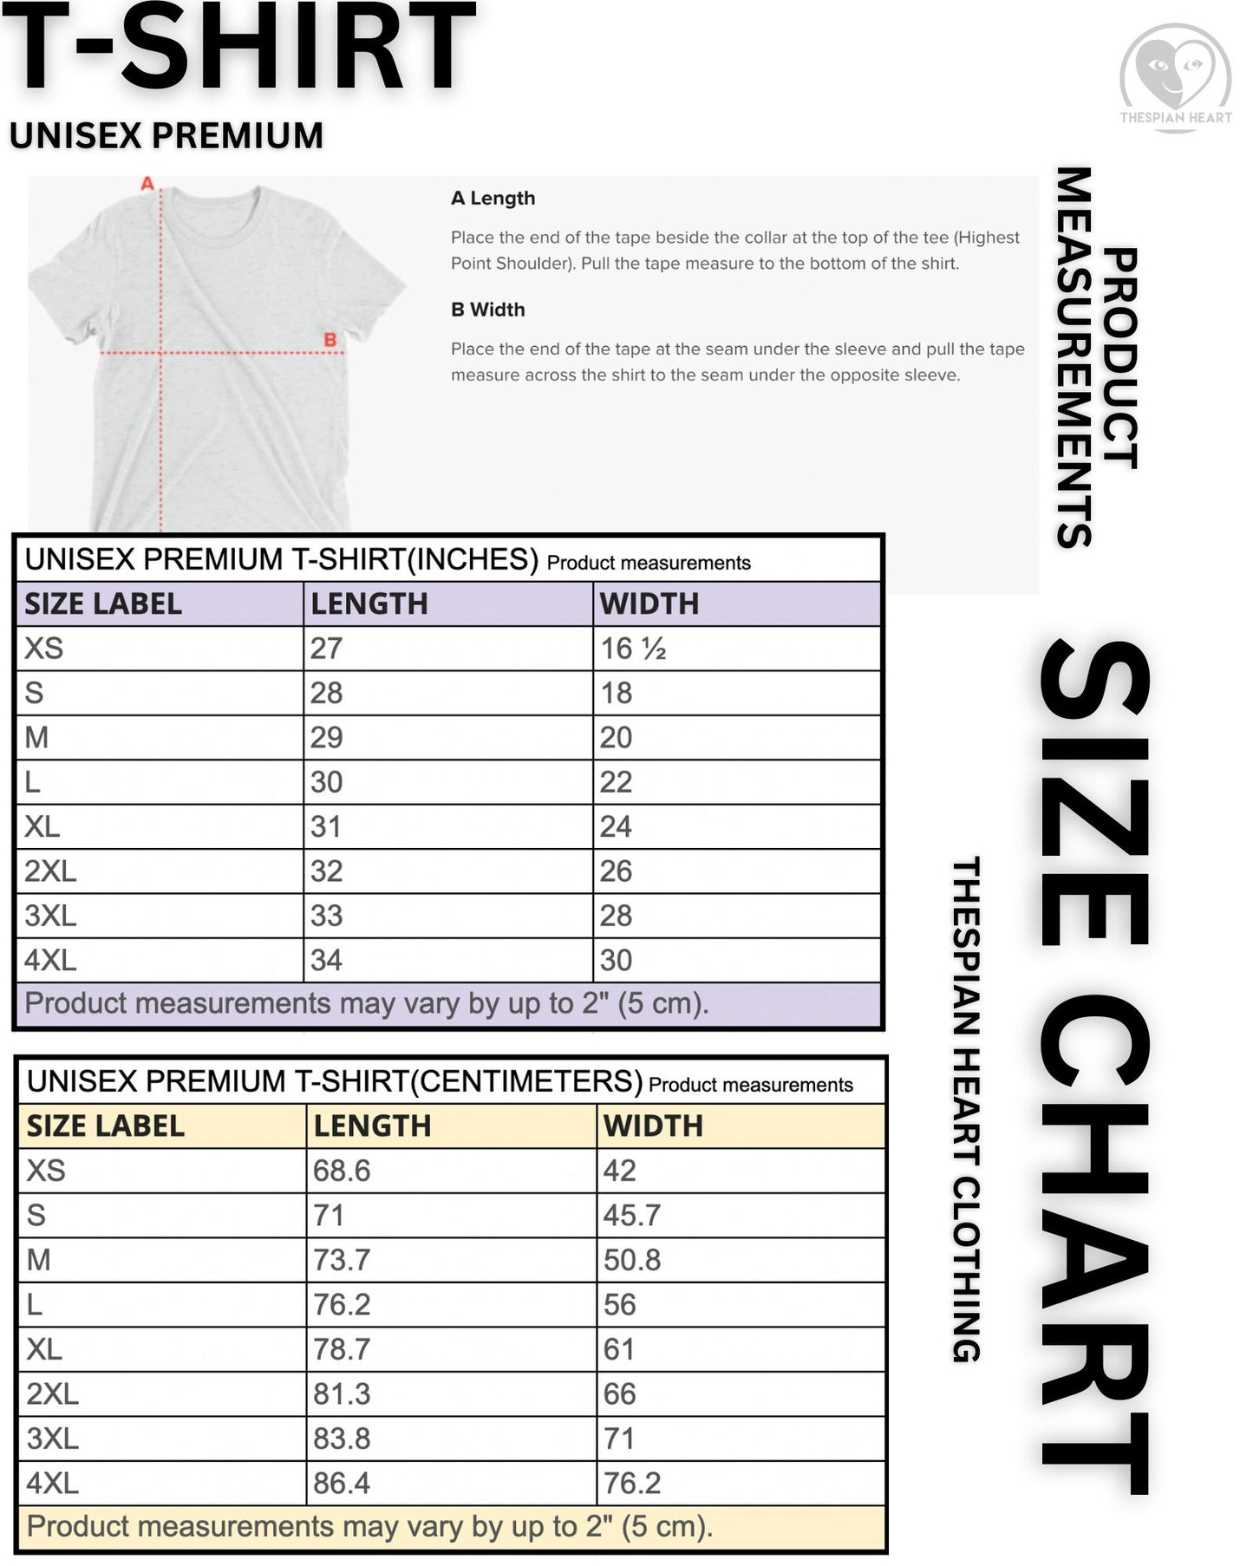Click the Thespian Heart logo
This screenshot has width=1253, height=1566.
1175,76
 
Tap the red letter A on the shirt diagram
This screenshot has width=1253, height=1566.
147,184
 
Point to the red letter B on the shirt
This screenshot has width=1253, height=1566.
330,340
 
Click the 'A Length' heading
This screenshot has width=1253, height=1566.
493,199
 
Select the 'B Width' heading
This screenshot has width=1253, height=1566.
487,310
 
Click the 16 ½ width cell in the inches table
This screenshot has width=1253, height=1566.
633,649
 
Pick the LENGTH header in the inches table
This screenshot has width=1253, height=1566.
369,604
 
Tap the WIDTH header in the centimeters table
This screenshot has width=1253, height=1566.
653,1126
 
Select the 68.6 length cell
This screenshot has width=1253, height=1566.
342,1171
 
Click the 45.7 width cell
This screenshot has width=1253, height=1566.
632,1215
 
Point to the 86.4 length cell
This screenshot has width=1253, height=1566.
342,1483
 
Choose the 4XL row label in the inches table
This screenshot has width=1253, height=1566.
50,960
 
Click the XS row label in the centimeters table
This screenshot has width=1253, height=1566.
46,1171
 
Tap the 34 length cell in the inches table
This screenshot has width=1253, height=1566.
326,960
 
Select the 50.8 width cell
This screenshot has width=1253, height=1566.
632,1260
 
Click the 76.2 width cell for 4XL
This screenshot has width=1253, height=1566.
632,1483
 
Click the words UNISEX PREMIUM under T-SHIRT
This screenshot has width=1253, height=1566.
166,136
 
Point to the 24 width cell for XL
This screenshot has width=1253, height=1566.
616,826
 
